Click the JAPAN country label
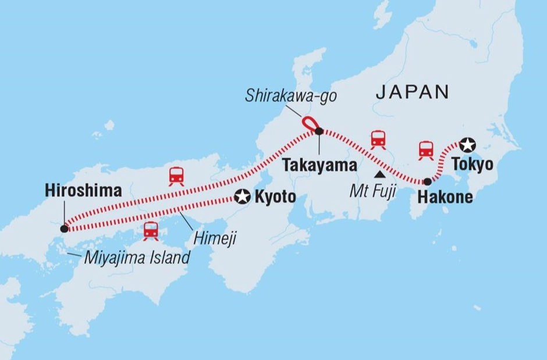(x=413, y=91)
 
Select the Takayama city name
(x=319, y=166)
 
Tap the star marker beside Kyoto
(x=241, y=198)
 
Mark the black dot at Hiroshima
(x=63, y=229)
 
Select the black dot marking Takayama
(x=319, y=132)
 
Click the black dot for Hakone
(x=428, y=181)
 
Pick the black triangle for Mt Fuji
(x=379, y=174)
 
